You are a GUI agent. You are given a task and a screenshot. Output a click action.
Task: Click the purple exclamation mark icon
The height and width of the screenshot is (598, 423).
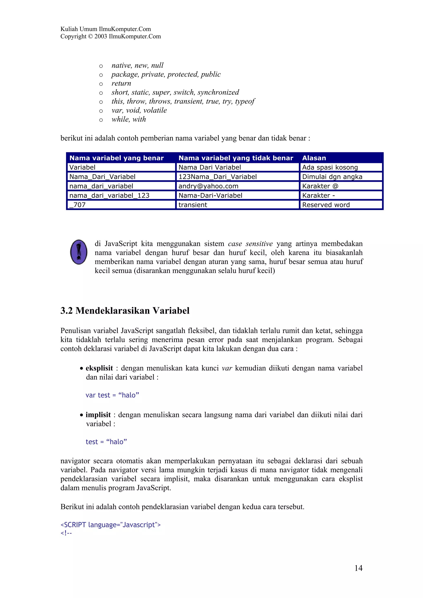point(79,252)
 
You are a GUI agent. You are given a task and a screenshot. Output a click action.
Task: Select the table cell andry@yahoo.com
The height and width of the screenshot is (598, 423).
point(208,186)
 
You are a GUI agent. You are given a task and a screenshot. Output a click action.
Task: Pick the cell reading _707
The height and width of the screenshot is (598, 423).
point(77,205)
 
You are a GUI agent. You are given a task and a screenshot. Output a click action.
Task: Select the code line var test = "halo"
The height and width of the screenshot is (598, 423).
point(112,395)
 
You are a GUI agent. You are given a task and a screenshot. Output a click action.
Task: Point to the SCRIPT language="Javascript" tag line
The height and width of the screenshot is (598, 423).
point(111,525)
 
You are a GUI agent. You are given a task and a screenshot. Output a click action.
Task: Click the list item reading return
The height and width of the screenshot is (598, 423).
point(121,83)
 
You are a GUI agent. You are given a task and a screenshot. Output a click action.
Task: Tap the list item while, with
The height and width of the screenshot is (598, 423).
point(128,119)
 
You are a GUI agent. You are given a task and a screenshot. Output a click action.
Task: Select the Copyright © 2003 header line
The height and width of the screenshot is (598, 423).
point(111,37)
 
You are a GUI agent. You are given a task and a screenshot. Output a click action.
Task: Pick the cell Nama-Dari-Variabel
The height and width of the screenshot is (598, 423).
point(210,195)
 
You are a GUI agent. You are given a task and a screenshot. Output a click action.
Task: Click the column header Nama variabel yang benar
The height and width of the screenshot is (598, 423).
point(116,158)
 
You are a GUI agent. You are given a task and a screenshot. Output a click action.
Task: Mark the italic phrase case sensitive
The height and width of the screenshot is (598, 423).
point(250,243)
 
